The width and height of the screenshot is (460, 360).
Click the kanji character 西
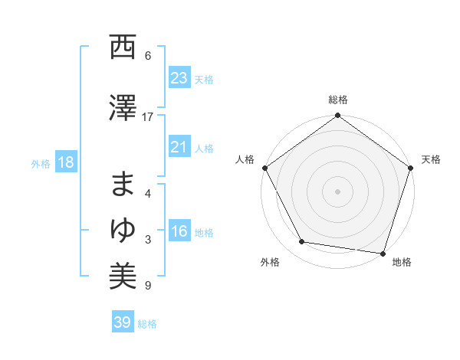click(123, 47)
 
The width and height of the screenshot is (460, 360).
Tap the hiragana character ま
click(123, 186)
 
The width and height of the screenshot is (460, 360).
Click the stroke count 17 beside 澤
click(148, 117)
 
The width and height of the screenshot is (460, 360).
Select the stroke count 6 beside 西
click(148, 56)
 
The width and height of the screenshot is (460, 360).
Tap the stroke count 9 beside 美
click(148, 286)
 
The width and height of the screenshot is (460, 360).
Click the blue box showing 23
click(179, 78)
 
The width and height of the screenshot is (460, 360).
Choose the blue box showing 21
click(179, 147)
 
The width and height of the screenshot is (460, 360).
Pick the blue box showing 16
click(179, 231)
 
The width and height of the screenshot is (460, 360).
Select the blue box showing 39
click(122, 322)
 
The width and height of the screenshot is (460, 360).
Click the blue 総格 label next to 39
click(147, 324)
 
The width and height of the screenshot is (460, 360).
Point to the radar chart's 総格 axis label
click(338, 100)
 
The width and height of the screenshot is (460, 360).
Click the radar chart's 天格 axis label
click(432, 159)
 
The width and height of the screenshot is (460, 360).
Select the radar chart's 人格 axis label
click(245, 159)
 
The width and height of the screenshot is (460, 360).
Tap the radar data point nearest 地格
click(383, 253)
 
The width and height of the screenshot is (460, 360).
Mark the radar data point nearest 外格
click(302, 242)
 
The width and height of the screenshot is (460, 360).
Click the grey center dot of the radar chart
click(338, 191)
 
